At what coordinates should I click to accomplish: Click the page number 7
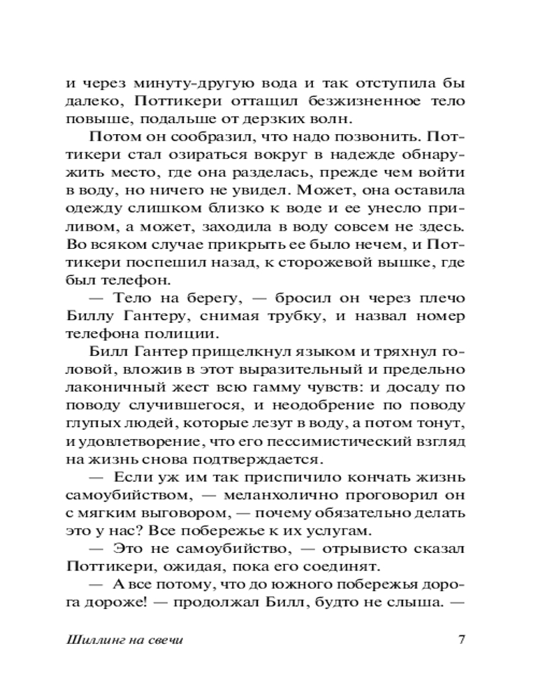click(x=460, y=640)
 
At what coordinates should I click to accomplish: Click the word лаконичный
click(x=117, y=389)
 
